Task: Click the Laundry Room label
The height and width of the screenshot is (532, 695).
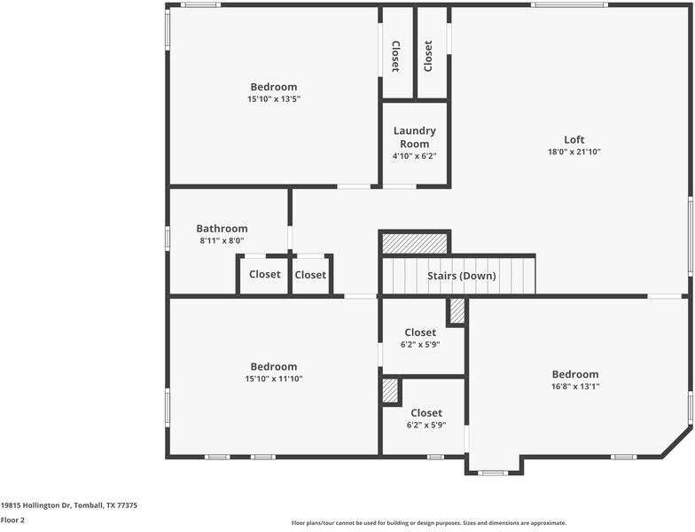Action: (415, 137)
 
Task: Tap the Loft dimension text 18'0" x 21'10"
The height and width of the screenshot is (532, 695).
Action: (574, 152)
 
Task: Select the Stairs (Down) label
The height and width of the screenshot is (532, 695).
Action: (461, 276)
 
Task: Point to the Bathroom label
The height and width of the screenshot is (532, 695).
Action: (222, 229)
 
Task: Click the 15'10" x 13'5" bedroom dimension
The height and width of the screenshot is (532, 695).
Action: (274, 99)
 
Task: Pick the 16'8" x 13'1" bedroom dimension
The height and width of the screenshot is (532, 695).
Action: (575, 387)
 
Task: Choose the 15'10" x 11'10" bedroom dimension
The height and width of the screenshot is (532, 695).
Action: (274, 379)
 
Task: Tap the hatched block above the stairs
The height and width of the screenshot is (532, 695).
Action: (415, 243)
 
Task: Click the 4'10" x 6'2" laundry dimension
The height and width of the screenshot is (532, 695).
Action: (415, 156)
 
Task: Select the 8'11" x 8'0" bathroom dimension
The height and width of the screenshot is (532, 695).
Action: (222, 241)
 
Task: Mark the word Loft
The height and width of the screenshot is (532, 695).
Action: (574, 140)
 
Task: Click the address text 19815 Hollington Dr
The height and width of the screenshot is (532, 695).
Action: (35, 505)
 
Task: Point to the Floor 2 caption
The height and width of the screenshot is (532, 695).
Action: (12, 520)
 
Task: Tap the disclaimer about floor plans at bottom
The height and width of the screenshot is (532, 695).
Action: (429, 523)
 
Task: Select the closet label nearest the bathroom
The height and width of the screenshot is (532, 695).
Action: (264, 274)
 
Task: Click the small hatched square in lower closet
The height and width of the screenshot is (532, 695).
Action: (390, 390)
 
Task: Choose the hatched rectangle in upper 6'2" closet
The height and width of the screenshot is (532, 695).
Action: (457, 310)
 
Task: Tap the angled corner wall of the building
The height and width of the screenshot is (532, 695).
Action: (677, 442)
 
